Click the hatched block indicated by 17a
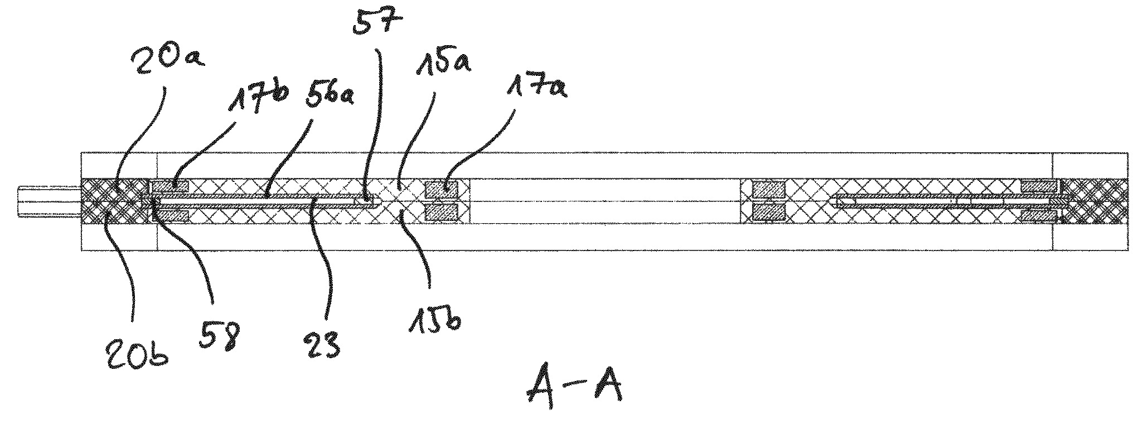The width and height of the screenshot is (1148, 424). pos(441,190)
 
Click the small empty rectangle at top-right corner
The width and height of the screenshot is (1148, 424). pos(1091,165)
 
